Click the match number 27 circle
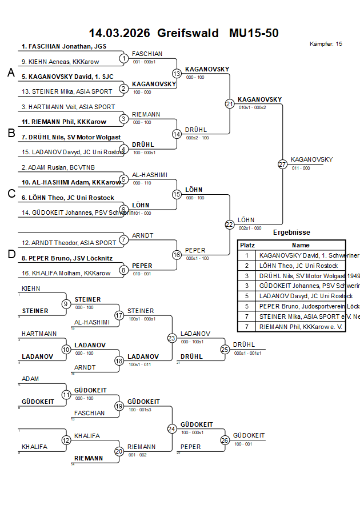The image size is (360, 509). pyautogui.click(x=282, y=164)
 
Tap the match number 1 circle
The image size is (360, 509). pyautogui.click(x=123, y=58)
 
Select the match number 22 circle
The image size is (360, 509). pyautogui.click(x=229, y=225)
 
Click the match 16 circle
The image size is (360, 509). pyautogui.click(x=177, y=254)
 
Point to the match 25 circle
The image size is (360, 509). pyautogui.click(x=225, y=349)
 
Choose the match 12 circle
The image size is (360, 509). pyautogui.click(x=66, y=440)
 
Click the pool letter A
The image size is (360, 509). pyautogui.click(x=10, y=73)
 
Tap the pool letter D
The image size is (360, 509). pyautogui.click(x=10, y=254)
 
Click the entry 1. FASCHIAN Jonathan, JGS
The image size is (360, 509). pyautogui.click(x=64, y=46)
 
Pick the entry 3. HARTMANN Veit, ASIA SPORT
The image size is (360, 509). pyautogui.click(x=68, y=107)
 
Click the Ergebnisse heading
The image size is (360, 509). pyautogui.click(x=291, y=233)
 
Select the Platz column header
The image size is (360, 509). pyautogui.click(x=247, y=245)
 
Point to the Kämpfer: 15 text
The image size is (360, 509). pyautogui.click(x=326, y=43)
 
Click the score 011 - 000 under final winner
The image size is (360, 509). pyautogui.click(x=301, y=168)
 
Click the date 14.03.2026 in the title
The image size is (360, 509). pyautogui.click(x=119, y=33)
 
